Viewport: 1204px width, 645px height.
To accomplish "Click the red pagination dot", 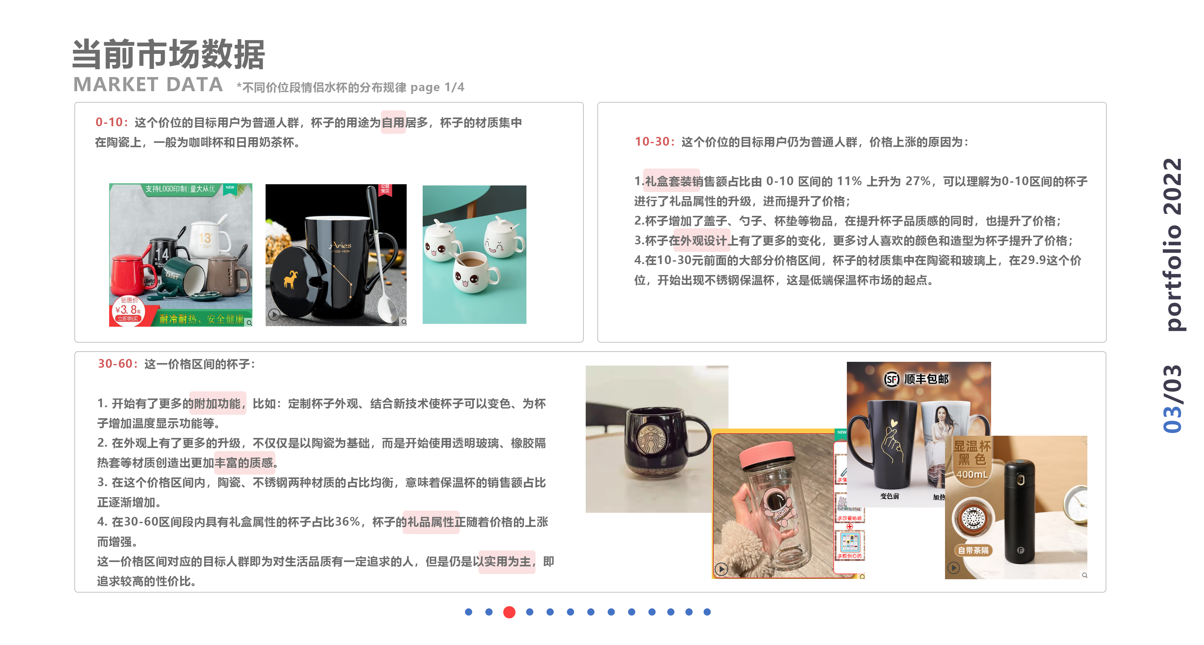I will tap(509, 612).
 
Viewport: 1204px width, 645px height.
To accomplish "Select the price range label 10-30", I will tap(652, 142).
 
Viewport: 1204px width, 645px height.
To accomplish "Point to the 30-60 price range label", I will tap(115, 364).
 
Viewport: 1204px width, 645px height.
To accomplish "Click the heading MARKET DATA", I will tap(148, 85).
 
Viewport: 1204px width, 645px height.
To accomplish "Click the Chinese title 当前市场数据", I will tap(169, 54).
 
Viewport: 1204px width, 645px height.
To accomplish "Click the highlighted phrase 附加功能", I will tap(217, 403).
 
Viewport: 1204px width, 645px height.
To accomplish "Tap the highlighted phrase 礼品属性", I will tap(430, 522).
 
